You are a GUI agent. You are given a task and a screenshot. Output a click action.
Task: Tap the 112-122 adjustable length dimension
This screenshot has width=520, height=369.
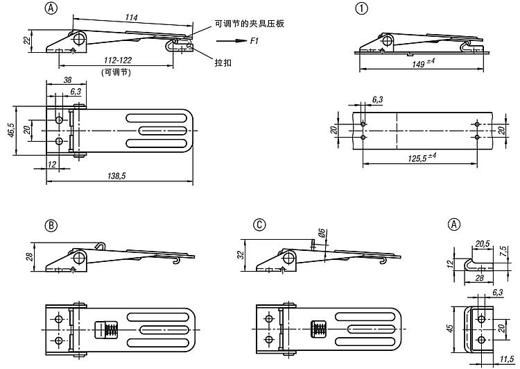point(116,60)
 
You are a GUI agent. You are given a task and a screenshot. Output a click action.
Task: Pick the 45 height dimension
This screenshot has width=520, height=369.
point(449,328)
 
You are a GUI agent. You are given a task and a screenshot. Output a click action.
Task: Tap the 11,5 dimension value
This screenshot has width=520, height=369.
point(505,361)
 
